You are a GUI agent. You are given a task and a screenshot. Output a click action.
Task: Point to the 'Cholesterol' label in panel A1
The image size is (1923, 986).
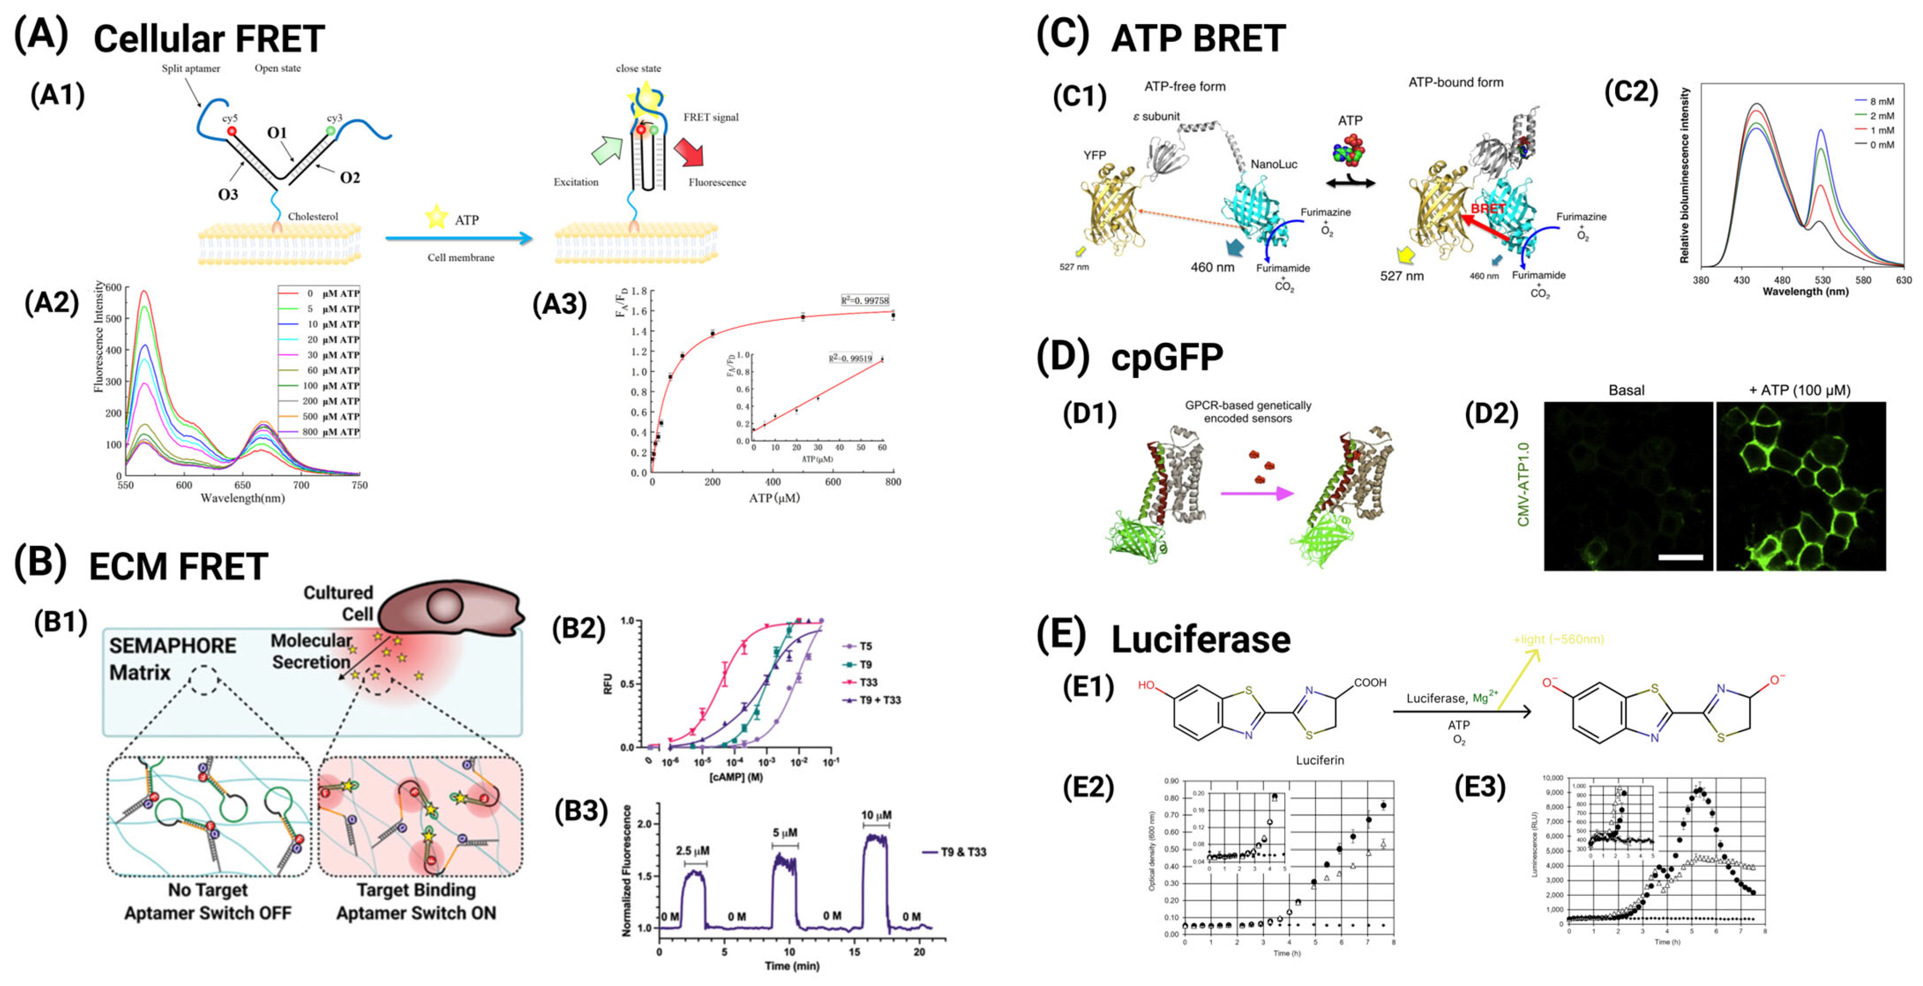pos(313,217)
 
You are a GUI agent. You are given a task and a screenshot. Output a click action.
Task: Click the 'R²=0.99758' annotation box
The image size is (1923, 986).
pos(865,300)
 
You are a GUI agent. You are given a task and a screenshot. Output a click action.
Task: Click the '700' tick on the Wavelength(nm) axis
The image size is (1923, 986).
pos(301,485)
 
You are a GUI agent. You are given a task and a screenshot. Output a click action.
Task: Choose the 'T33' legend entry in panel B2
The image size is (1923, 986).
pos(868,682)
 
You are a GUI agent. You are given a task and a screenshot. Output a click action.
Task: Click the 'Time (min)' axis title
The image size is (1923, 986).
pos(791,966)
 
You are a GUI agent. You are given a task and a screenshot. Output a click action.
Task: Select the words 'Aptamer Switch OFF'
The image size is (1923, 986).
pos(208,913)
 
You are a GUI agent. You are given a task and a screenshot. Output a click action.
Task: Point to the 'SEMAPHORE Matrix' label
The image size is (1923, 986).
pos(172,659)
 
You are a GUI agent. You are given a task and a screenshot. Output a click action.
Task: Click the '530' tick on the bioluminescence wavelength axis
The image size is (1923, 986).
pos(1822,280)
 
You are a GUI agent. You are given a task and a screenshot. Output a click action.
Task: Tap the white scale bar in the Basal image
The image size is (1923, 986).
pos(1680,556)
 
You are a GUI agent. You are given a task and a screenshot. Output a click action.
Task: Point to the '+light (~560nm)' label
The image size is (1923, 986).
pos(1559,639)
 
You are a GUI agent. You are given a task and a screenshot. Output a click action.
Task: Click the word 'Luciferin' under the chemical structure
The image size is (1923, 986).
pos(1320,760)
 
